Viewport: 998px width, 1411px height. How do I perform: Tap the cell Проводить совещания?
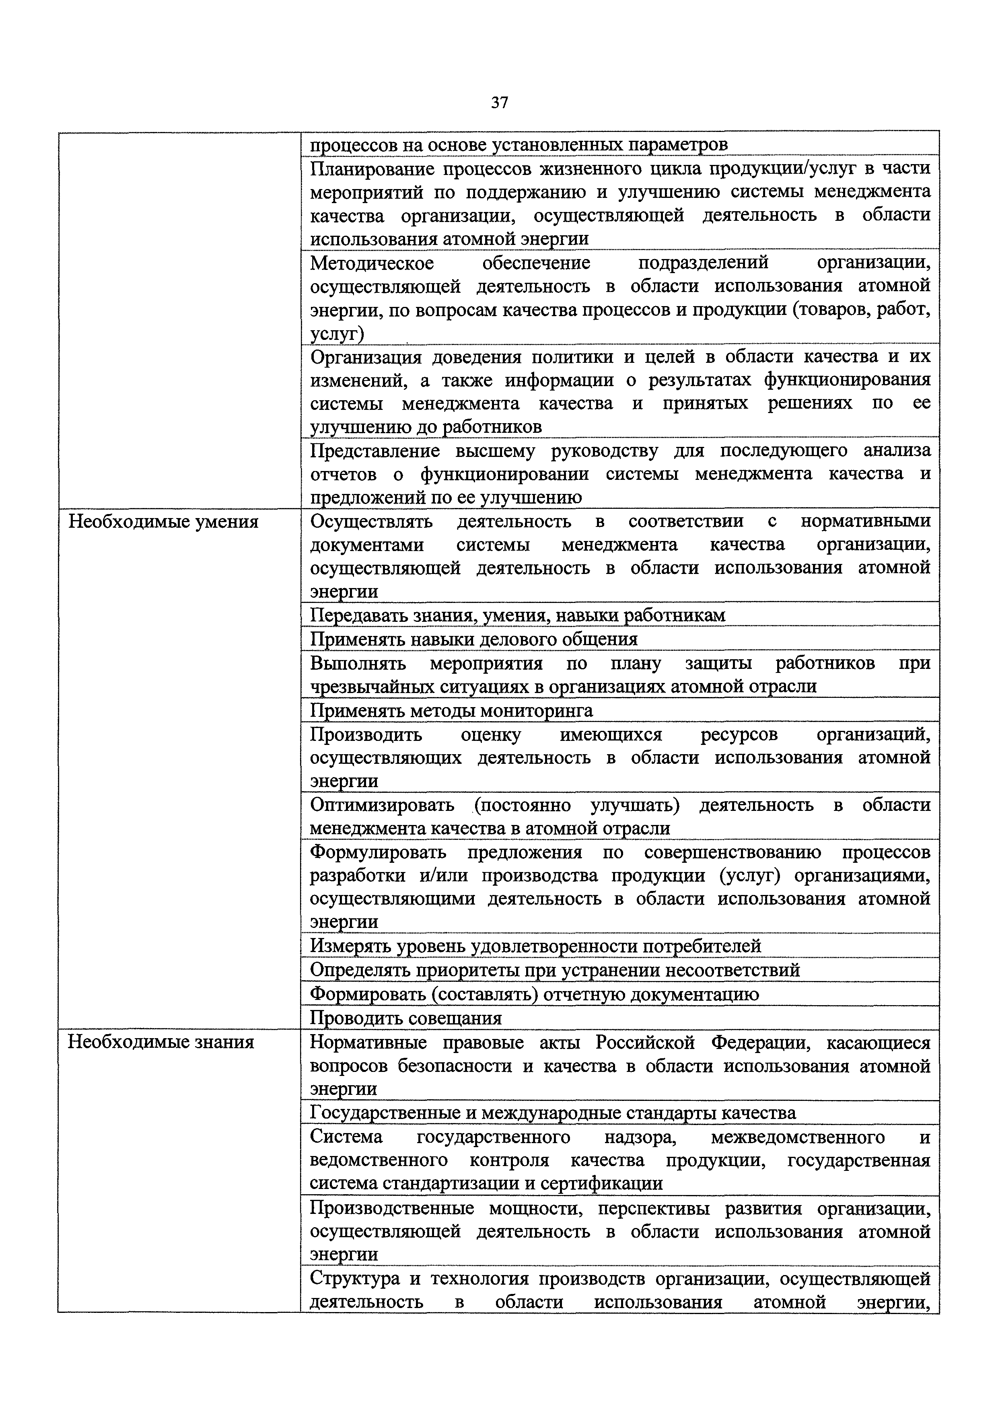405,1018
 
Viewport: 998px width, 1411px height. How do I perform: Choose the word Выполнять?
358,663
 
